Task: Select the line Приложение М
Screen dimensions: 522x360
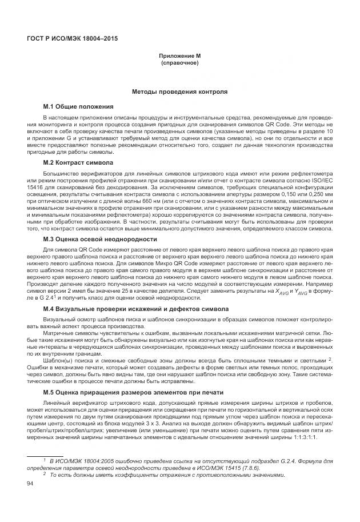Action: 180,56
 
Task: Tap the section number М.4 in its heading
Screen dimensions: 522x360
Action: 50,309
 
